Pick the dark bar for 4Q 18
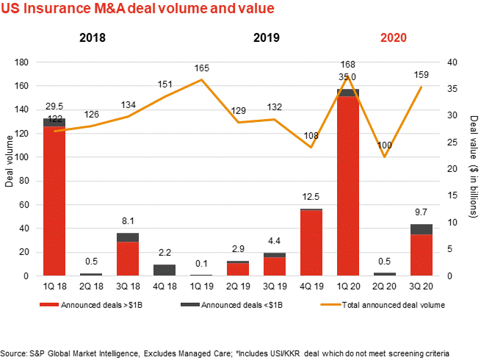click(164, 270)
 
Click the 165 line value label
click(202, 68)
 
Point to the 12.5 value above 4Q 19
click(311, 198)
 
